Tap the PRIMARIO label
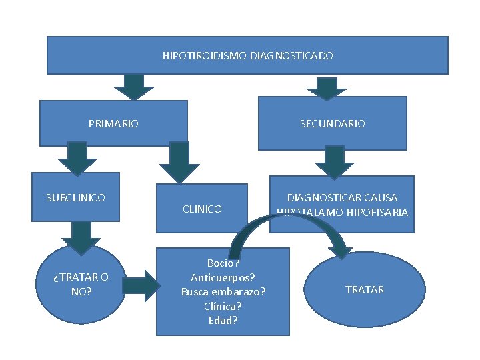[x=113, y=123]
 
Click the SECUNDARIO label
[x=332, y=123]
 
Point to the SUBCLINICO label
[x=75, y=197]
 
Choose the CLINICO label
[x=202, y=209]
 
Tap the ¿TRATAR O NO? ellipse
[x=81, y=283]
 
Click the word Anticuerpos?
[x=223, y=278]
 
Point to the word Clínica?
[x=223, y=306]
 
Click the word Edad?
[x=223, y=320]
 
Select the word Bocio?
[x=223, y=263]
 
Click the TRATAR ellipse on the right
[x=365, y=289]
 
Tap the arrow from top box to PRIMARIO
[x=134, y=86]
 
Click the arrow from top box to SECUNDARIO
[x=326, y=87]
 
